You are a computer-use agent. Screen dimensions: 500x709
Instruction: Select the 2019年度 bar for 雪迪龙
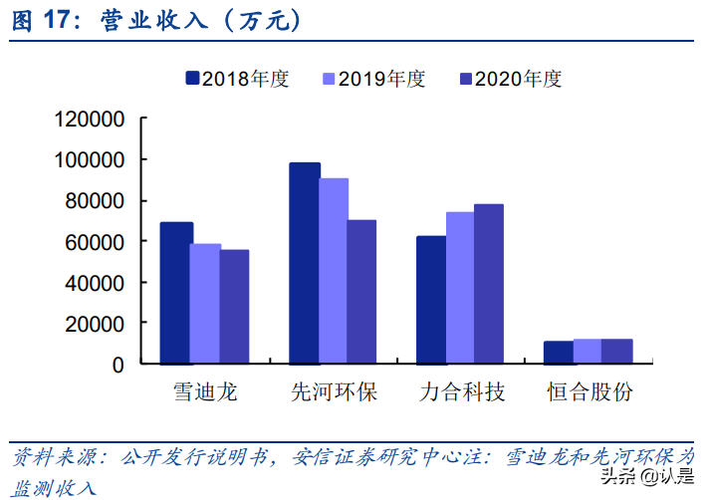point(205,304)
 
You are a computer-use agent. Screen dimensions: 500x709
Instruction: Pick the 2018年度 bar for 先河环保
point(305,263)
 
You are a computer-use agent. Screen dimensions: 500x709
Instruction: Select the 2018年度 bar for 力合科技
point(431,300)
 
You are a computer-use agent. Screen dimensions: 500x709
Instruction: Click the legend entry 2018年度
point(237,79)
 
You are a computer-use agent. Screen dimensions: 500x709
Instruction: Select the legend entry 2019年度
point(373,79)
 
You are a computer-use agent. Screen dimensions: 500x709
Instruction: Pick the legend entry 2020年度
point(510,79)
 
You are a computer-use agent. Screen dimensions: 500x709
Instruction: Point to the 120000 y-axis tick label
point(90,120)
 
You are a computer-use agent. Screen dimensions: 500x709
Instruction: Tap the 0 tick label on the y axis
point(118,365)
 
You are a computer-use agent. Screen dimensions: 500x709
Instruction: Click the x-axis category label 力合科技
point(461,391)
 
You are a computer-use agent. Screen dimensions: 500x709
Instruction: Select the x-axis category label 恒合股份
point(590,391)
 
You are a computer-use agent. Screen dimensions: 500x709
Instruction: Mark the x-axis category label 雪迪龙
point(205,391)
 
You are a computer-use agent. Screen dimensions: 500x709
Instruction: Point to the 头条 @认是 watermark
point(648,476)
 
